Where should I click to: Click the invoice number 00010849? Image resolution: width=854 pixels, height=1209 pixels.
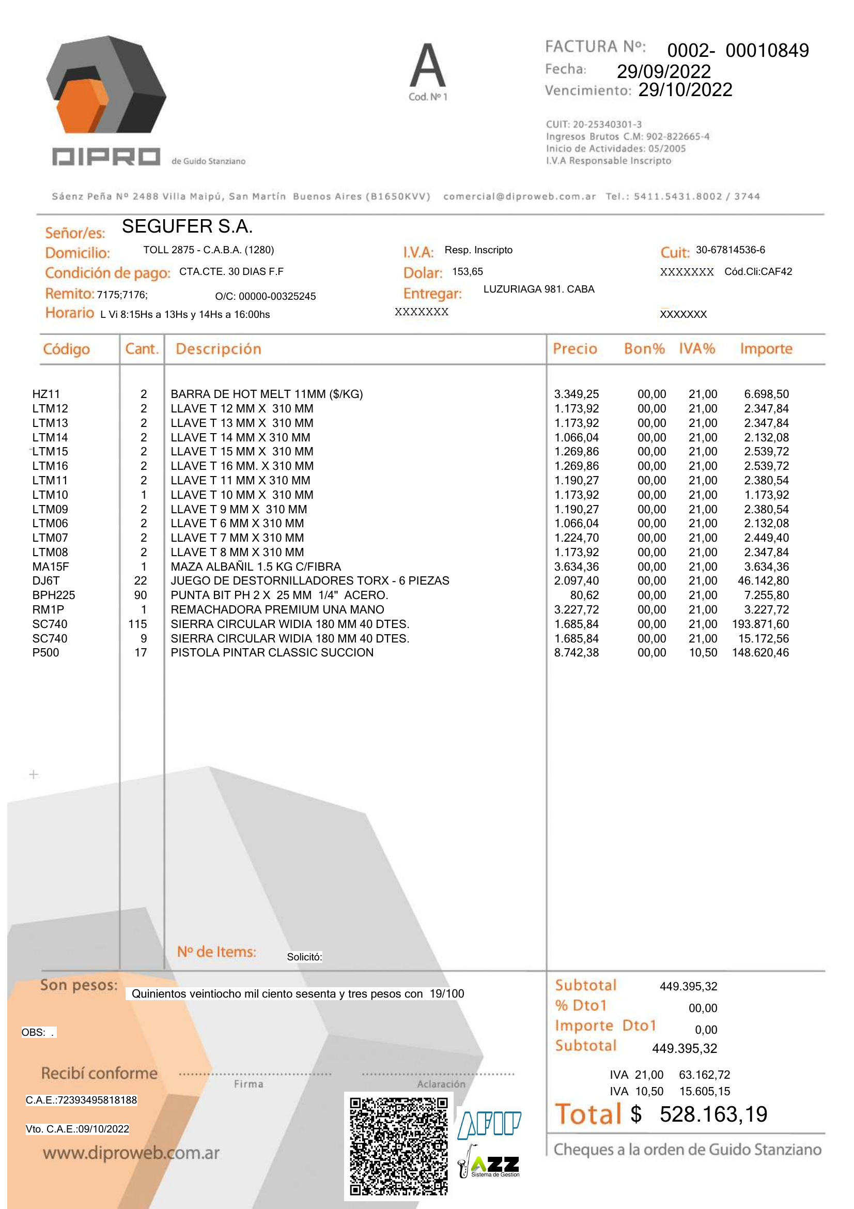(767, 51)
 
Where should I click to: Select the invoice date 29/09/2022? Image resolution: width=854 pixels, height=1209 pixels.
(663, 72)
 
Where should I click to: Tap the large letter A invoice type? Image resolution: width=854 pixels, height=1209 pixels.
(428, 65)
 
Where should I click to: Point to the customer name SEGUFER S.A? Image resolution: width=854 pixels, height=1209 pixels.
(188, 226)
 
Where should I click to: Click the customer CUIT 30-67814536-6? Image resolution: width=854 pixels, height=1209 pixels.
(731, 250)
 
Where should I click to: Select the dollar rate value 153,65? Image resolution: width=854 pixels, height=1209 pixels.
(467, 272)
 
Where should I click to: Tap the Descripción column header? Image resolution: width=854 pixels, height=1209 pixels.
(219, 349)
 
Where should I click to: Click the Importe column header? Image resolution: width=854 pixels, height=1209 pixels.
(766, 348)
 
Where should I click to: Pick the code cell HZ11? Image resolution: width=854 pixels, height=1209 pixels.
(46, 394)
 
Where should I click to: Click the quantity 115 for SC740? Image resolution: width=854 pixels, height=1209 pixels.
(137, 624)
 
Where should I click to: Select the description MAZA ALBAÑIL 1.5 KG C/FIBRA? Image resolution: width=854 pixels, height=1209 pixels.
(256, 567)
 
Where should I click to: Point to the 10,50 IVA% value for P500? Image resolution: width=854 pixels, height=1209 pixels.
(703, 653)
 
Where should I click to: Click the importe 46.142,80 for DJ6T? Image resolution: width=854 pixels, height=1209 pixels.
(763, 581)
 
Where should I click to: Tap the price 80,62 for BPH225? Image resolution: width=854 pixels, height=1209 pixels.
(584, 595)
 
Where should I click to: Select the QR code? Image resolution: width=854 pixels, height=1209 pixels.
(399, 1146)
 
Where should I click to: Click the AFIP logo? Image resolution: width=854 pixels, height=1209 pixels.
(489, 1125)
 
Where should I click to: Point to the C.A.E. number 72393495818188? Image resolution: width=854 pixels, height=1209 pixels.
(82, 1100)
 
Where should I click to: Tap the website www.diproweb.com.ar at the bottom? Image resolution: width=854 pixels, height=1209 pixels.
(131, 1153)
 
